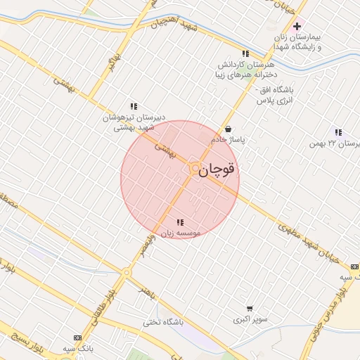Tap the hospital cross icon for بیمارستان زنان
click(297, 26)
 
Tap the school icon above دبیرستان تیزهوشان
click(134, 106)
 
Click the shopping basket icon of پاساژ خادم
click(229, 129)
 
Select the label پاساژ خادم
click(229, 140)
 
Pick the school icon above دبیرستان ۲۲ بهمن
click(338, 132)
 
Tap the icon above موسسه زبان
click(180, 222)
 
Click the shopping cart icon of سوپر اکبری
click(250, 309)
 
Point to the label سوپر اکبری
click(250, 319)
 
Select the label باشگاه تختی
click(163, 323)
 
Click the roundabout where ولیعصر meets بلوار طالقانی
click(127, 273)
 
